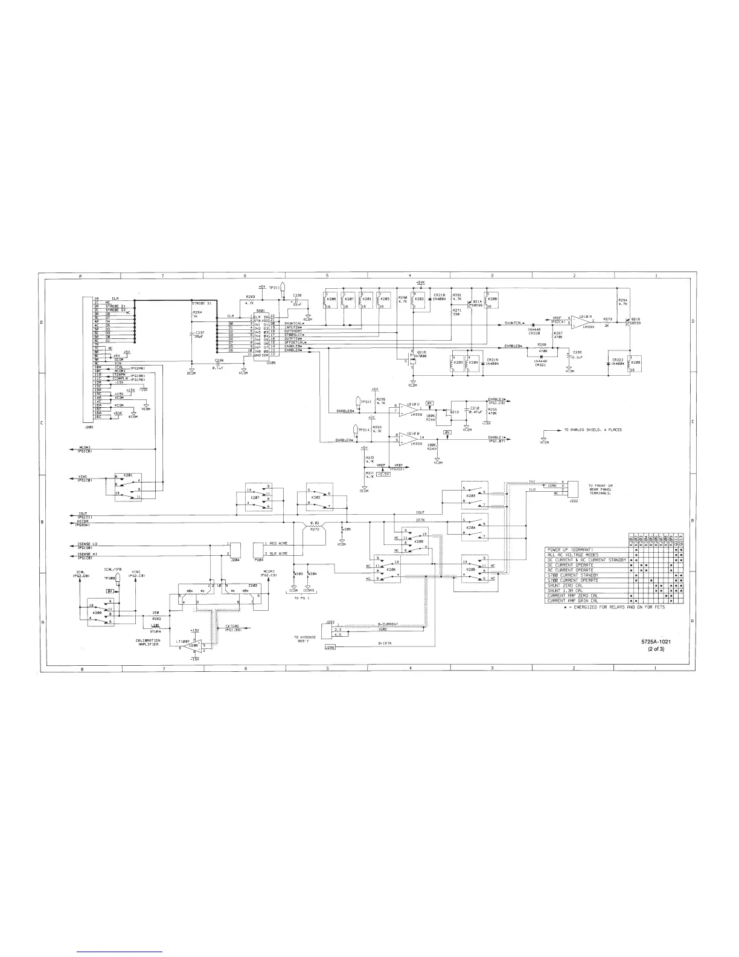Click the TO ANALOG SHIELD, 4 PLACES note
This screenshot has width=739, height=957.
(x=592, y=430)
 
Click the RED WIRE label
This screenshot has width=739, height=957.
(x=278, y=544)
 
